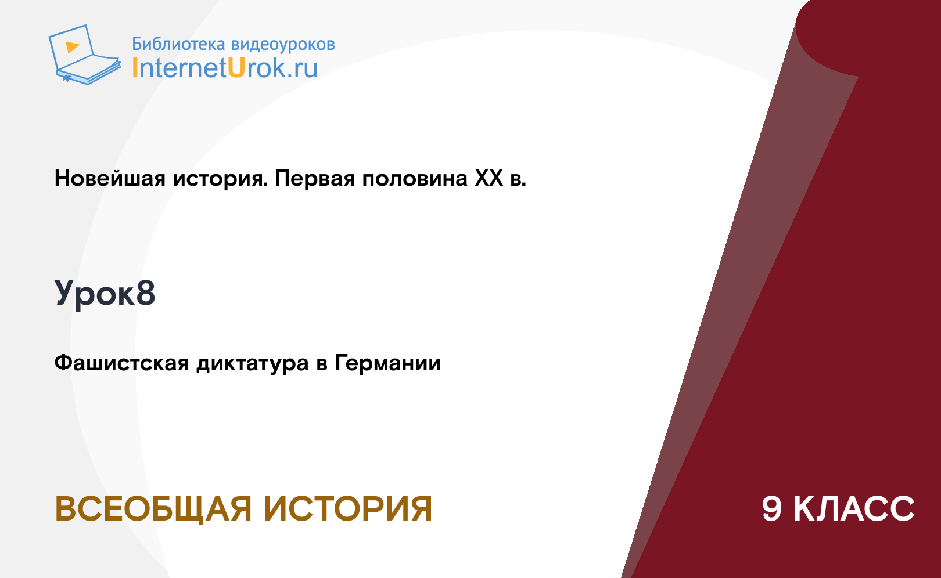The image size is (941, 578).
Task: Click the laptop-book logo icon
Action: [84, 55]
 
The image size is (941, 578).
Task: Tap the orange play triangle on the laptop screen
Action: [72, 47]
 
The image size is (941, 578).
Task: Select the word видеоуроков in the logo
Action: [283, 45]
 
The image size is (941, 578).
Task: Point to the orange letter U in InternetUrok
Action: [236, 68]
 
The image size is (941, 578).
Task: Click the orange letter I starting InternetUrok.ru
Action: [135, 68]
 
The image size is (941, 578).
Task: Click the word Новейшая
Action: [110, 178]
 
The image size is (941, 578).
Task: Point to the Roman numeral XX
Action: [489, 178]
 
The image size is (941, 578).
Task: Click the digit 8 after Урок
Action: [145, 292]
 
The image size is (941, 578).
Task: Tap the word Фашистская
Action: [122, 363]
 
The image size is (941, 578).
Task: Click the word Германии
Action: [388, 363]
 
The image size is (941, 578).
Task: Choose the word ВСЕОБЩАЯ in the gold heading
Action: [153, 509]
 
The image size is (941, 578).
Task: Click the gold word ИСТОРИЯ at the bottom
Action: [348, 509]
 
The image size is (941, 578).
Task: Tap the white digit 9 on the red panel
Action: [772, 509]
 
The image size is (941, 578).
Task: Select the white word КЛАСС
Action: [854, 509]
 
